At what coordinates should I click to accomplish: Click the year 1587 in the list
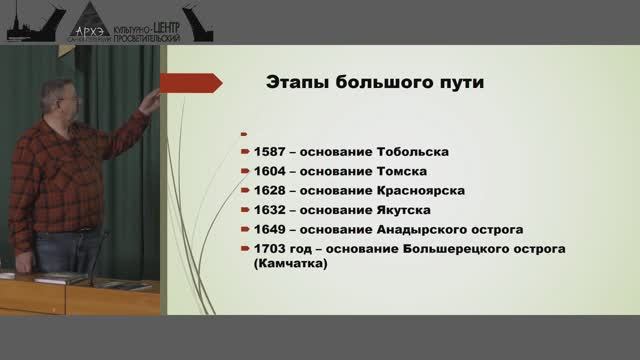(270, 152)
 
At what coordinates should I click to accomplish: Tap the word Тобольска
(410, 152)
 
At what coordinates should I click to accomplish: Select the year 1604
(270, 171)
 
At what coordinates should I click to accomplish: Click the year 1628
(270, 190)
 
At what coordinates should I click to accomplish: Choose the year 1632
(270, 210)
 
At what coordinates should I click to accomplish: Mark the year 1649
(270, 229)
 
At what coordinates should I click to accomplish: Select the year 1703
(270, 248)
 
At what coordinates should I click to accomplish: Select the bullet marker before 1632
(244, 210)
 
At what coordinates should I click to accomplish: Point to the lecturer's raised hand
(150, 101)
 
